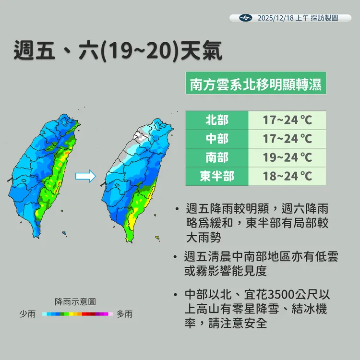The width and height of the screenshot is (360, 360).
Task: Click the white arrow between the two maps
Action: pos(86,177)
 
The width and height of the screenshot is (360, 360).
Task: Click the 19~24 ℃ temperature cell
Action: pos(287,157)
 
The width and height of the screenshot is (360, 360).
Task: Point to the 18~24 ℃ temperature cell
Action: pos(287,176)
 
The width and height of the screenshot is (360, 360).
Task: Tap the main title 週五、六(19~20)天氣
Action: pos(118,51)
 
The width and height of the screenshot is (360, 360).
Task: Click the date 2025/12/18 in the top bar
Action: pos(275,18)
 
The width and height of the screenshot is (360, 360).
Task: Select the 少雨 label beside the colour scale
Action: pos(27,314)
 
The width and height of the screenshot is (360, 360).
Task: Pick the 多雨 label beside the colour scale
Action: pos(124,314)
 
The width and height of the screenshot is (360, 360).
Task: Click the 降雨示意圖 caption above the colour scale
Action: pos(75,302)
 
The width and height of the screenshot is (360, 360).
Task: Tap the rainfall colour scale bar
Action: pos(77,314)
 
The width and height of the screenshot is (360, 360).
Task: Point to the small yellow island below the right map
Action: pos(157,237)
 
